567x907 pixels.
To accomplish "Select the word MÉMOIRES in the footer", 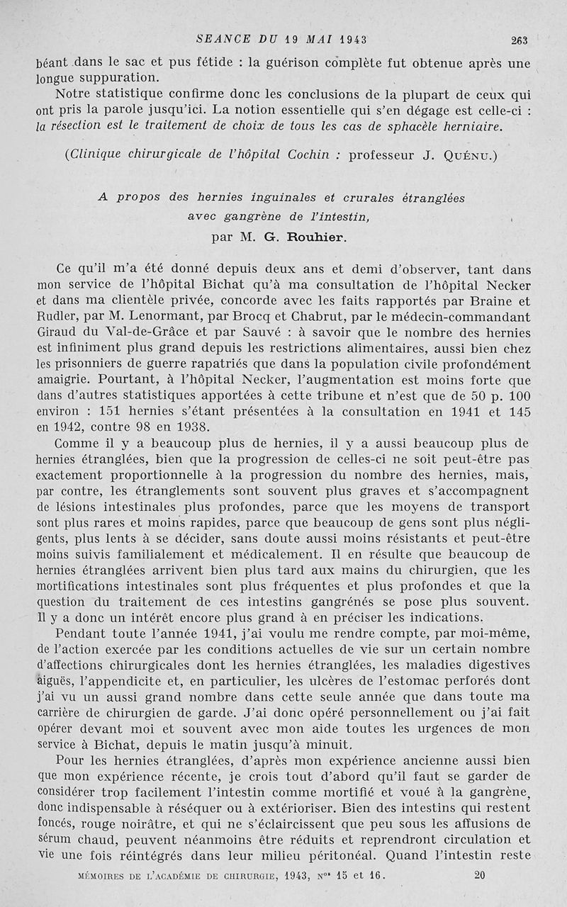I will click(106, 875).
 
